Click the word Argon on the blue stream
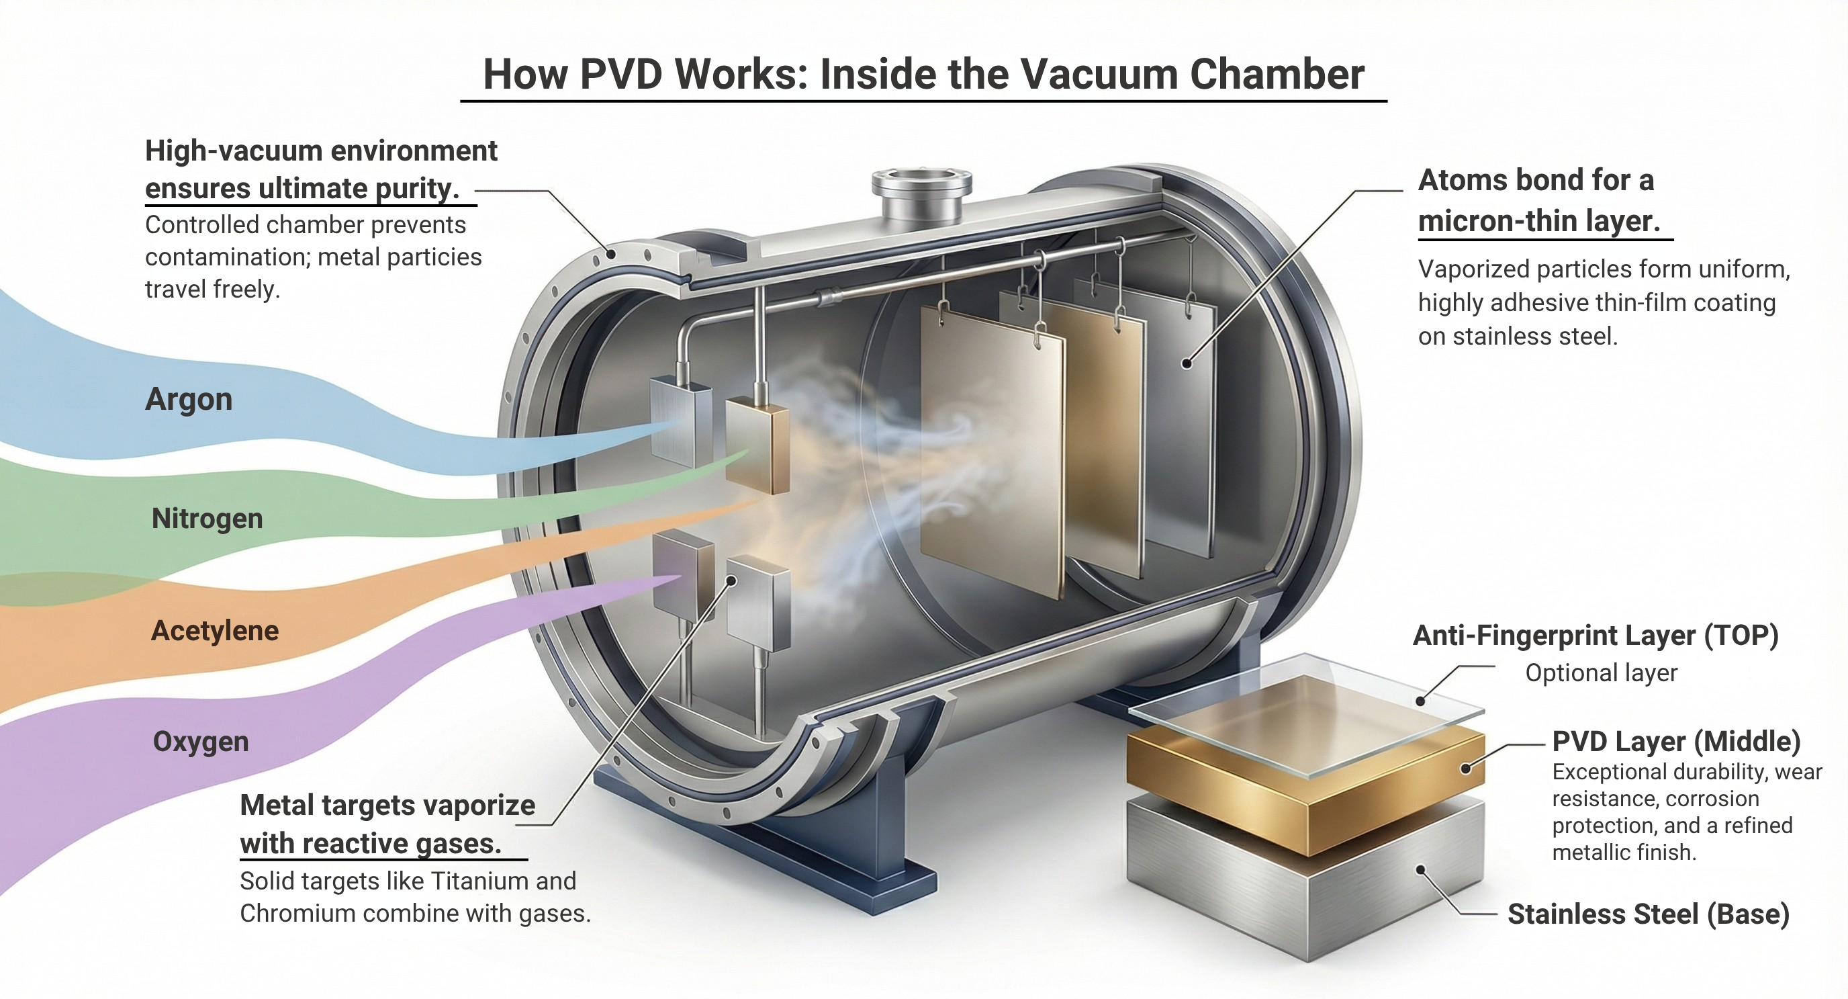click(x=189, y=400)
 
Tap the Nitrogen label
click(x=207, y=518)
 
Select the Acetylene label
click(x=214, y=631)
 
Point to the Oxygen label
click(x=201, y=741)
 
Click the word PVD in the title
click(x=620, y=74)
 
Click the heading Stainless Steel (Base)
click(x=1648, y=914)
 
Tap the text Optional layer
click(x=1601, y=673)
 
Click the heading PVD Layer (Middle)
click(x=1676, y=741)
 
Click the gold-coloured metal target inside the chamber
click(x=758, y=449)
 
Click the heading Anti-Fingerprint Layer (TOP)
click(x=1596, y=636)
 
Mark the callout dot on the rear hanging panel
click(x=1187, y=364)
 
